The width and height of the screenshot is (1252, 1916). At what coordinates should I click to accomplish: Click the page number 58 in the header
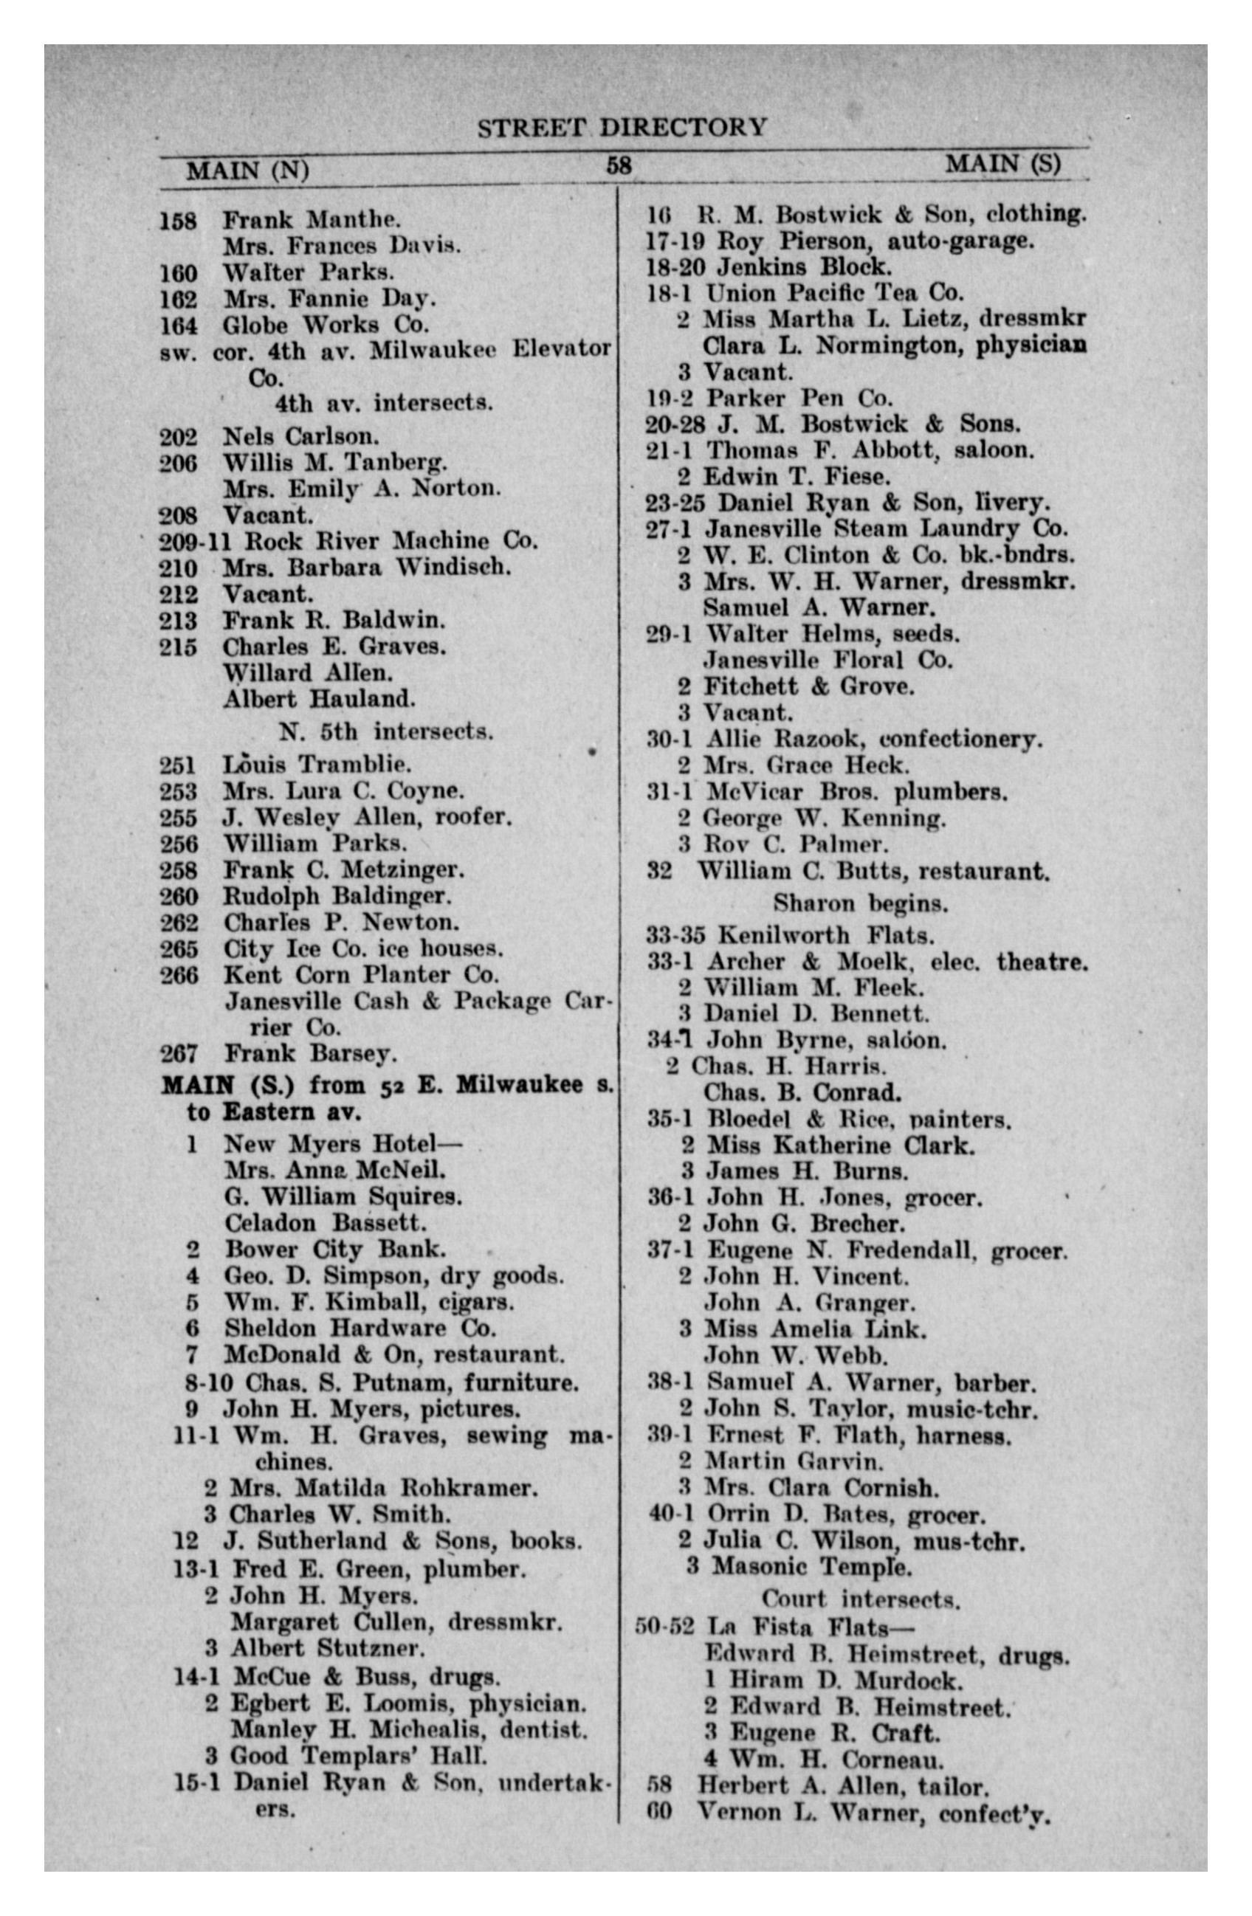pyautogui.click(x=619, y=165)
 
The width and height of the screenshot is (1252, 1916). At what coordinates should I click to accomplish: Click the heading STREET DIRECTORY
pyautogui.click(x=622, y=127)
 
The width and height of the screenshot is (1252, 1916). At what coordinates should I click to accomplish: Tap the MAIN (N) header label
pyautogui.click(x=247, y=170)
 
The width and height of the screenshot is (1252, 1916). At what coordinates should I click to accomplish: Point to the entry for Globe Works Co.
pyautogui.click(x=326, y=325)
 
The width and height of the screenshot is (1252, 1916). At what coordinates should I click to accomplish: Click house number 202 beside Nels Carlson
pyautogui.click(x=178, y=437)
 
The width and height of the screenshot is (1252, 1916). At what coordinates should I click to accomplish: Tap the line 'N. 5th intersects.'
pyautogui.click(x=385, y=731)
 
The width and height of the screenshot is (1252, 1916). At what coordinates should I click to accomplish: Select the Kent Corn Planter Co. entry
pyautogui.click(x=361, y=975)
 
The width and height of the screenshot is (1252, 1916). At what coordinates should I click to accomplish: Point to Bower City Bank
pyautogui.click(x=334, y=1250)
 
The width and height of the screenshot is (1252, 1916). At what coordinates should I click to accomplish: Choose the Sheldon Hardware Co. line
pyautogui.click(x=359, y=1329)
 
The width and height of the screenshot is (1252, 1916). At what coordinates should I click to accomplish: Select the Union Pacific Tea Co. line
pyautogui.click(x=833, y=292)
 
